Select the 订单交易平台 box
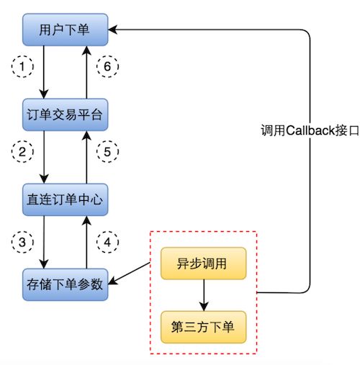click(x=65, y=114)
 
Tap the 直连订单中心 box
click(x=65, y=199)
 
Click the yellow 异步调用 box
click(x=204, y=263)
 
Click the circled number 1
click(x=25, y=66)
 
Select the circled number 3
click(x=25, y=241)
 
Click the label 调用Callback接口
click(x=310, y=132)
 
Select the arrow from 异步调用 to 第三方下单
click(x=204, y=294)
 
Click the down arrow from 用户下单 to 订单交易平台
click(x=45, y=72)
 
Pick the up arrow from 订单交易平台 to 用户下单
click(x=86, y=72)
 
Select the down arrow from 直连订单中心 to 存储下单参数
click(x=45, y=240)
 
